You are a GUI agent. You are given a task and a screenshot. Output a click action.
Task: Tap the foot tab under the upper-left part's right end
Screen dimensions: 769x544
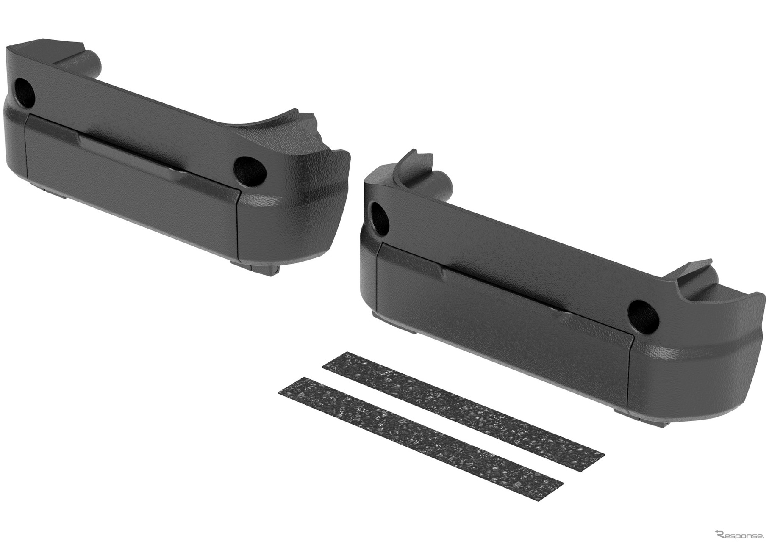[256, 267]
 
